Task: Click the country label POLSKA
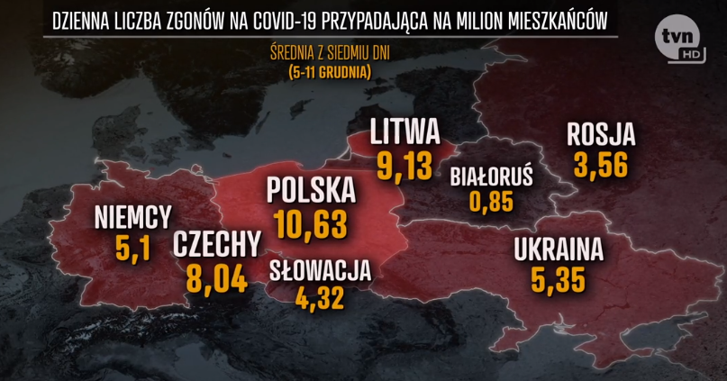[311, 191]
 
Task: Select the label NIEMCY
[132, 216]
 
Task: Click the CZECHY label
[217, 243]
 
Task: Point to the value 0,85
[491, 201]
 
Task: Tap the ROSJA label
[601, 135]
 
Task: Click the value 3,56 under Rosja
[602, 164]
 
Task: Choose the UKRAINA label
[558, 249]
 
